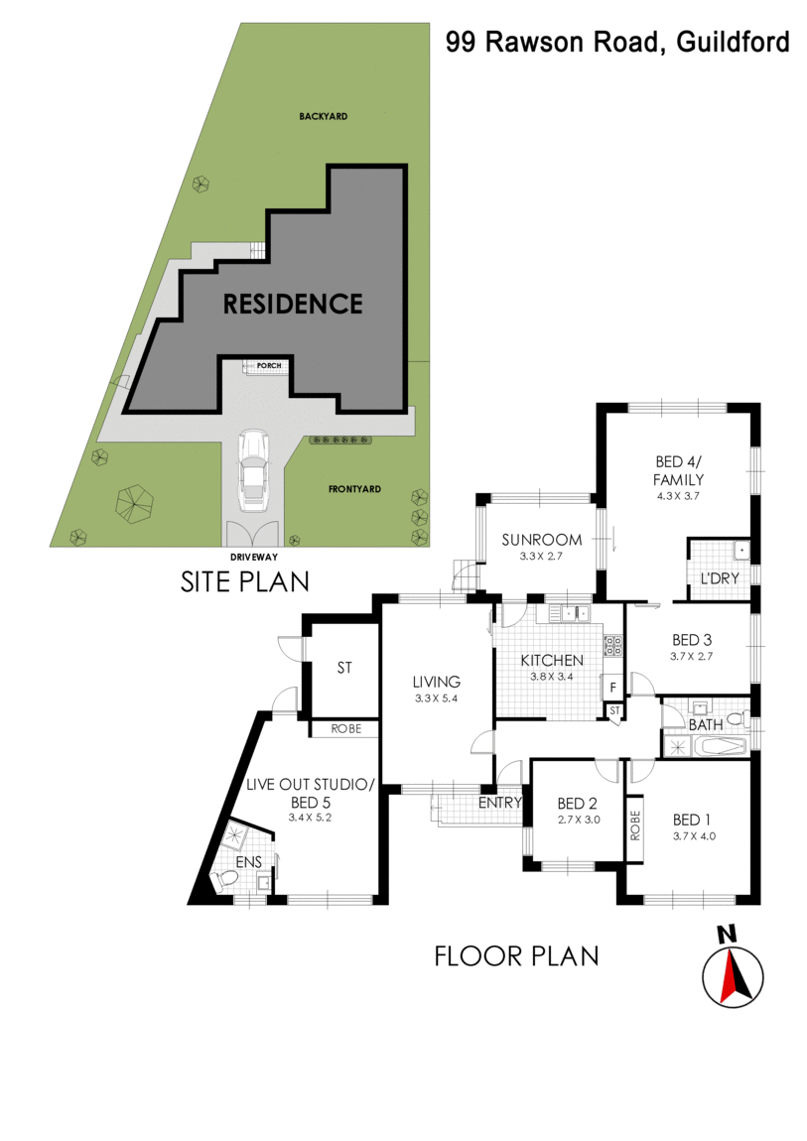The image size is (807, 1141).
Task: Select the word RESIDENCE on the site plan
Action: pyautogui.click(x=292, y=304)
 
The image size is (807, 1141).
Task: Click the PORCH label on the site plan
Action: pyautogui.click(x=269, y=366)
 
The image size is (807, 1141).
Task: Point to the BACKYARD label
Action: pyautogui.click(x=324, y=116)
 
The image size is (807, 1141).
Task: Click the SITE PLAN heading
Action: pyautogui.click(x=244, y=580)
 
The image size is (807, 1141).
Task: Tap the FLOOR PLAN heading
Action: pyautogui.click(x=516, y=955)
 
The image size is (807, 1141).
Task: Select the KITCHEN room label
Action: pyautogui.click(x=553, y=660)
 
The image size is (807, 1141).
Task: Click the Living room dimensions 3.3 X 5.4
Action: pyautogui.click(x=438, y=698)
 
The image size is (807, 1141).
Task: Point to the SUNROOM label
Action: pyautogui.click(x=541, y=540)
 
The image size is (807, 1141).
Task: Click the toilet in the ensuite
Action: pyautogui.click(x=227, y=880)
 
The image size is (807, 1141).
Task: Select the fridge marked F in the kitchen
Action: pyautogui.click(x=612, y=687)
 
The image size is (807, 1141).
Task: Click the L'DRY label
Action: pyautogui.click(x=718, y=577)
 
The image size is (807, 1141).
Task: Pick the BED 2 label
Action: pyautogui.click(x=576, y=804)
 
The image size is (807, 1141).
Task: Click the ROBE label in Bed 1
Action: pyautogui.click(x=635, y=825)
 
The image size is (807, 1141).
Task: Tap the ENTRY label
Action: pyautogui.click(x=500, y=802)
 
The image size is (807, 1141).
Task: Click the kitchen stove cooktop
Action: pyautogui.click(x=612, y=646)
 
